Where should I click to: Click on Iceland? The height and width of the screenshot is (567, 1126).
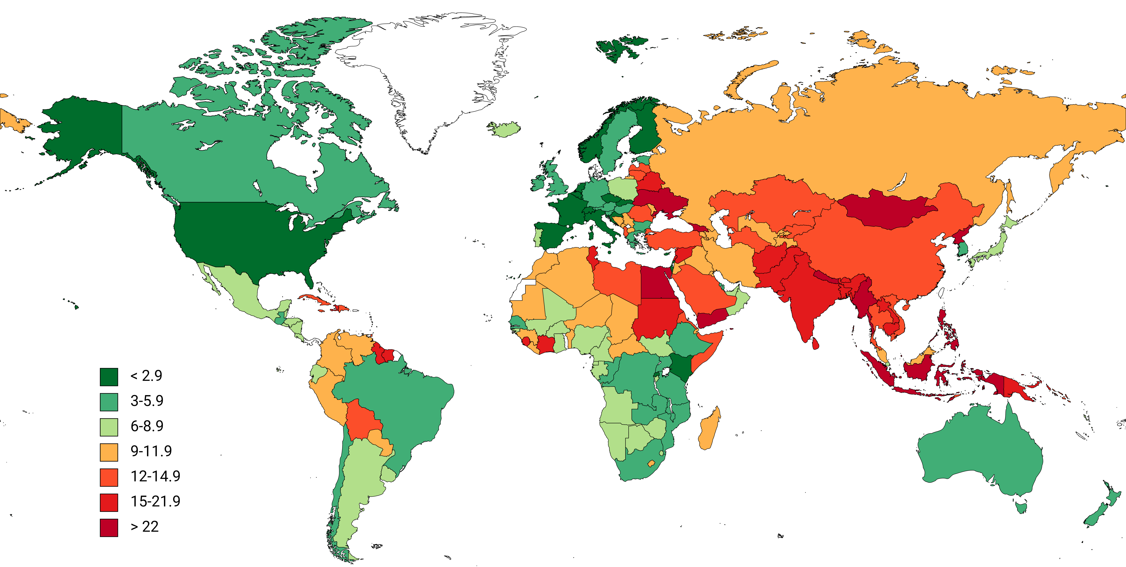pyautogui.click(x=505, y=129)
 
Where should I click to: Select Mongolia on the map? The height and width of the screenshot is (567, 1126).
pyautogui.click(x=887, y=210)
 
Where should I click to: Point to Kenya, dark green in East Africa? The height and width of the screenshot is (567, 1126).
pyautogui.click(x=680, y=367)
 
